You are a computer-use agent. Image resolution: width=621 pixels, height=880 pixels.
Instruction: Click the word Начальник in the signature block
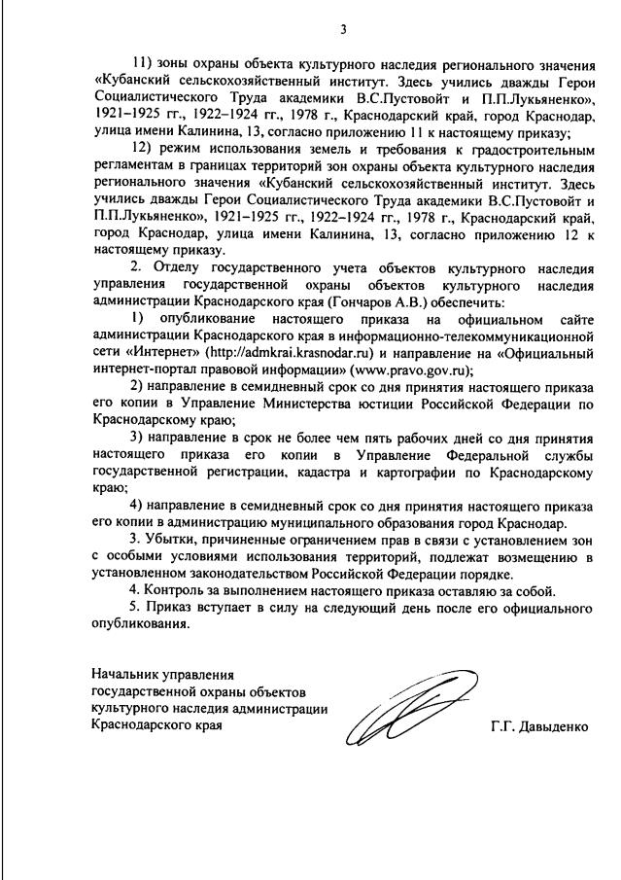click(123, 673)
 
